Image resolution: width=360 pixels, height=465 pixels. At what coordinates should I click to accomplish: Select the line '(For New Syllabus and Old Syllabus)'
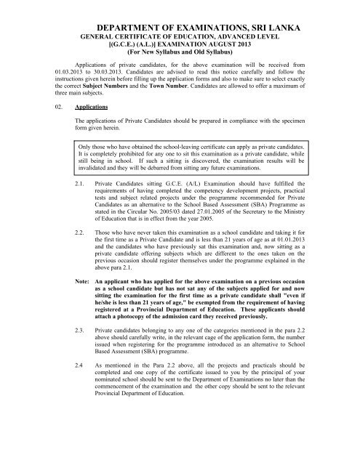pyautogui.click(x=180, y=53)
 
